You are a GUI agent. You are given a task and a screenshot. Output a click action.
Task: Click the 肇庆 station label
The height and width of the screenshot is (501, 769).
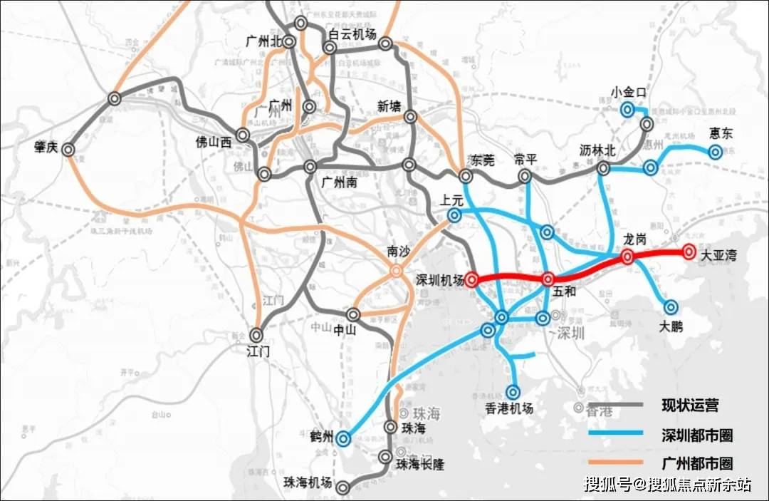point(46,147)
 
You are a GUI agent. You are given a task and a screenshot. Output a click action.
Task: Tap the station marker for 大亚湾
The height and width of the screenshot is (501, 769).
point(689,252)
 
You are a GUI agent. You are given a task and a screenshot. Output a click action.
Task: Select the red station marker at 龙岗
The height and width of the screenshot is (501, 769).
point(627,257)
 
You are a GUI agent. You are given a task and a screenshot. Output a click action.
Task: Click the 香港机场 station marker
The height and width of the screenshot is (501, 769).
point(514,391)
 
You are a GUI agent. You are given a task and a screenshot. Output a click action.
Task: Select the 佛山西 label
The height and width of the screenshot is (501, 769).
point(214,142)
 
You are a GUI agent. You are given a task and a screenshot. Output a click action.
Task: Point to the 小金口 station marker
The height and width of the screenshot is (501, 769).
point(627,109)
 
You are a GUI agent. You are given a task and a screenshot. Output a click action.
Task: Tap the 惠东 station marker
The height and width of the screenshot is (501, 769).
point(715,151)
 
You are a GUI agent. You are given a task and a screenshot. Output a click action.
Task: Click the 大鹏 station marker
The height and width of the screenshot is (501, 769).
point(671,307)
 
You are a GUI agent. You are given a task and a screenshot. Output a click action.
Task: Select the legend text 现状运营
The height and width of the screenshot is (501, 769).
point(690,406)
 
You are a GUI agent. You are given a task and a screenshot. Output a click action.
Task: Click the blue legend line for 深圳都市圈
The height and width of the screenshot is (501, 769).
point(616,434)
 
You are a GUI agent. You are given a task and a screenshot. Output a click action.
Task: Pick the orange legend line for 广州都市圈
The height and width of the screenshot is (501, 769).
point(616,463)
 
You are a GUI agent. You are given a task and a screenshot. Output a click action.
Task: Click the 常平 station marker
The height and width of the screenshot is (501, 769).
point(525,175)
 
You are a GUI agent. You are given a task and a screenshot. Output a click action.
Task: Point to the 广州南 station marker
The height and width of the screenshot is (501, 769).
point(310,167)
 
